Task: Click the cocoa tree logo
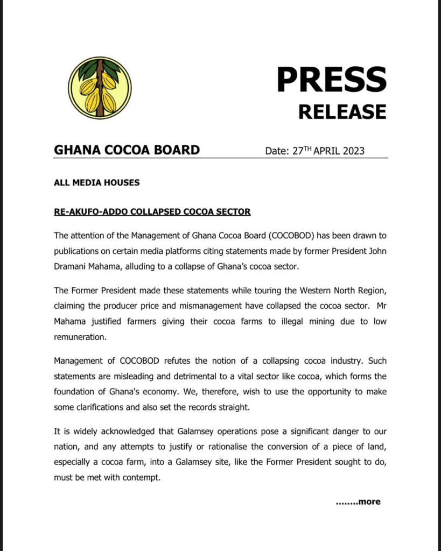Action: (100, 88)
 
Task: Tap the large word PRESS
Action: (331, 80)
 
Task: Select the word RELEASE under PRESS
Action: (342, 111)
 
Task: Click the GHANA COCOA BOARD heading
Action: (127, 150)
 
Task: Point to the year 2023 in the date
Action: (352, 151)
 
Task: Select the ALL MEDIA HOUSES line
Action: (97, 182)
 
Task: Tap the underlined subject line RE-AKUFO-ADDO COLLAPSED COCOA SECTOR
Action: (152, 211)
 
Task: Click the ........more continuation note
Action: (358, 501)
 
